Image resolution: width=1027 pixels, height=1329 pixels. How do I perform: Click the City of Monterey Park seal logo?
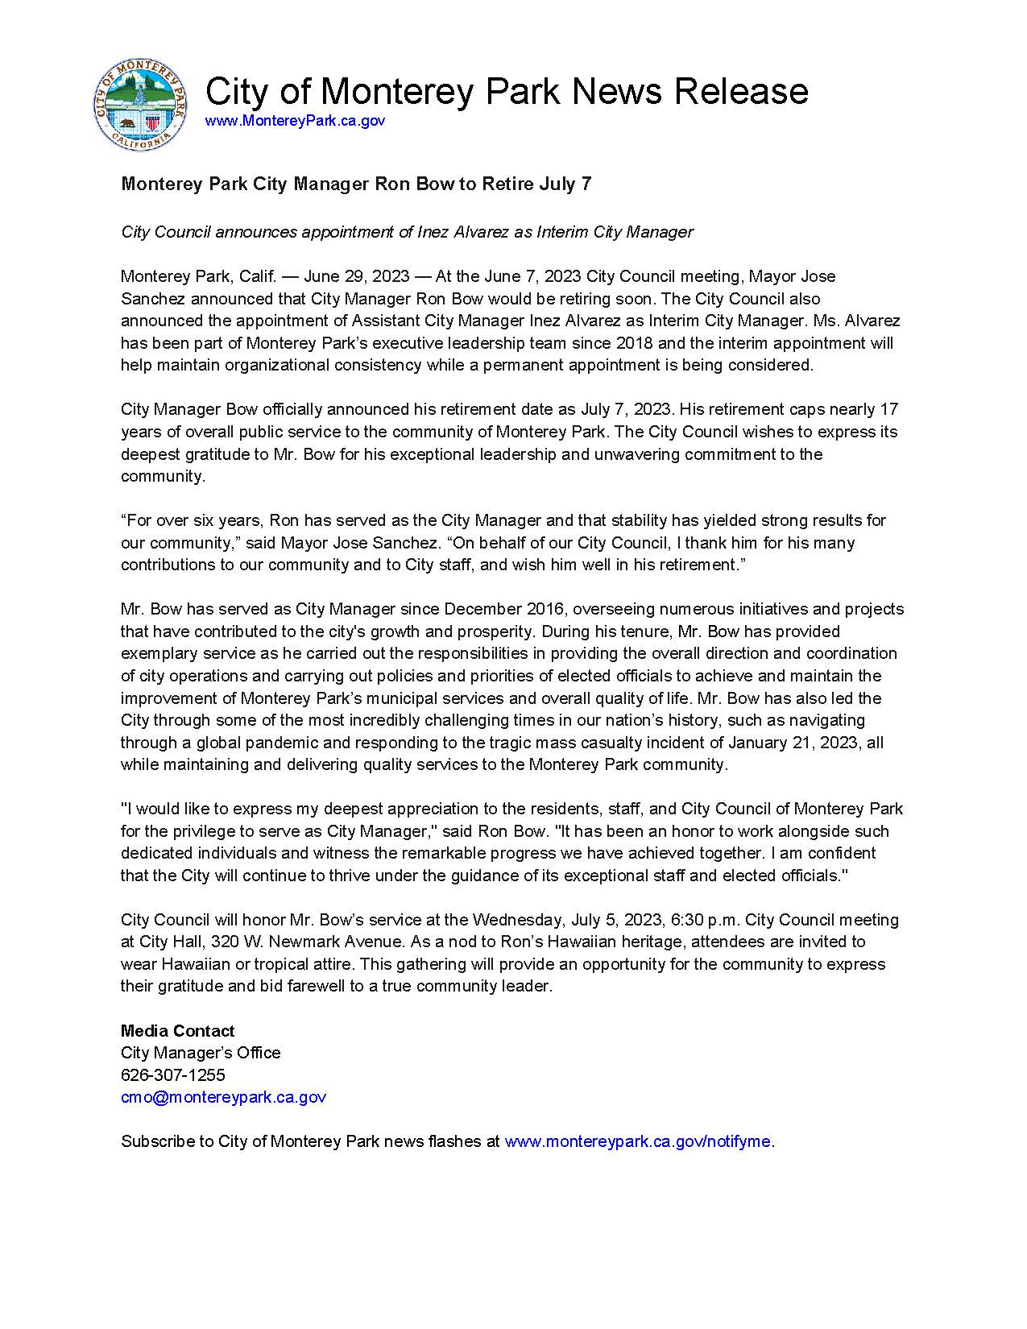142,104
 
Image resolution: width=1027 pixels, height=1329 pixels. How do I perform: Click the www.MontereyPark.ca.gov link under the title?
295,121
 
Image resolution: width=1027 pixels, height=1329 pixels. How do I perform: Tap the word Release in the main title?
740,90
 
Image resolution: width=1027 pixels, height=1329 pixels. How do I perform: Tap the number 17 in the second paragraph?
890,409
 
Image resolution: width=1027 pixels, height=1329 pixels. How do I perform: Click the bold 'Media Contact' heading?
178,1031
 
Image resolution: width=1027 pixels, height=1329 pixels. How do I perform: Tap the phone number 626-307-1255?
173,1075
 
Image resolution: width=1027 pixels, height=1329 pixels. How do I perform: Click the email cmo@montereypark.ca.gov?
223,1097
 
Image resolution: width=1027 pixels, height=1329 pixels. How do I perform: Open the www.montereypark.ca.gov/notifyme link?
637,1141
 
